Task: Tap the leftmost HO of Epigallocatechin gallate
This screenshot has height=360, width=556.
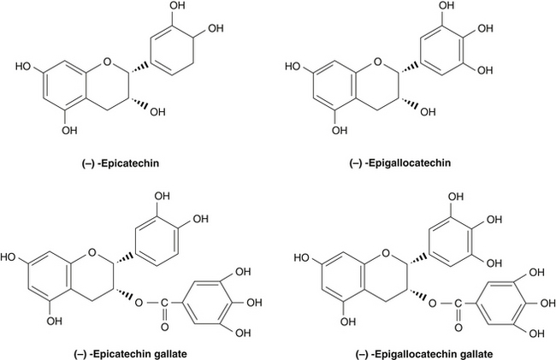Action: click(302, 256)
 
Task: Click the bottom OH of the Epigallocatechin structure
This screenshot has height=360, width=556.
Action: click(340, 131)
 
